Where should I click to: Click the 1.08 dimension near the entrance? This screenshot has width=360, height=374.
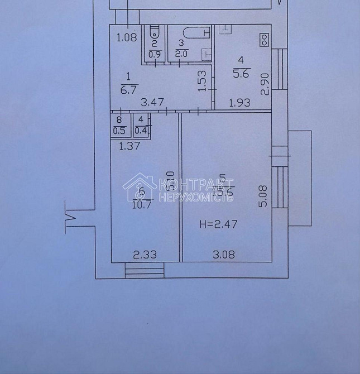pos(126,39)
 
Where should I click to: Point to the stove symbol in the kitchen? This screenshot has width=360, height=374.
pos(263,39)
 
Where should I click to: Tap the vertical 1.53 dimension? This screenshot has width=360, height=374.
pos(204,81)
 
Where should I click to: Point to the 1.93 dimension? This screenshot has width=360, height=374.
pos(241,103)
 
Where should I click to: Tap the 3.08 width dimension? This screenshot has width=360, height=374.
pos(223,255)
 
